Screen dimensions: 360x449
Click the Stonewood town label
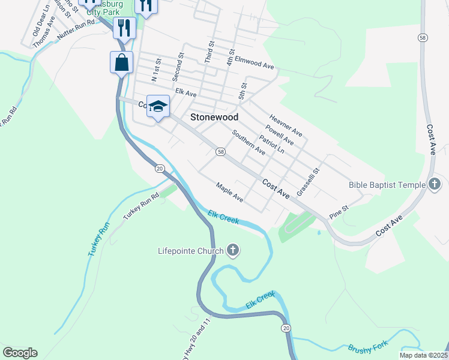[214, 118]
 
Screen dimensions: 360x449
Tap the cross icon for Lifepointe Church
[233, 251]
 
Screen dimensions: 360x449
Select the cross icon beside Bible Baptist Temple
[436, 185]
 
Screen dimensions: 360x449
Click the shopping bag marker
[121, 62]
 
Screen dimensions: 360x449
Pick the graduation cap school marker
[158, 107]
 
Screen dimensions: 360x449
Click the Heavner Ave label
[285, 125]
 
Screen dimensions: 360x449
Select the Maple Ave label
[229, 192]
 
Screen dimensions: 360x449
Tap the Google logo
[20, 352]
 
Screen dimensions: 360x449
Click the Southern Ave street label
[248, 143]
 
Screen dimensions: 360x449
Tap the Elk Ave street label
[186, 93]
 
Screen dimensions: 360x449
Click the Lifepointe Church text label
[189, 251]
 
